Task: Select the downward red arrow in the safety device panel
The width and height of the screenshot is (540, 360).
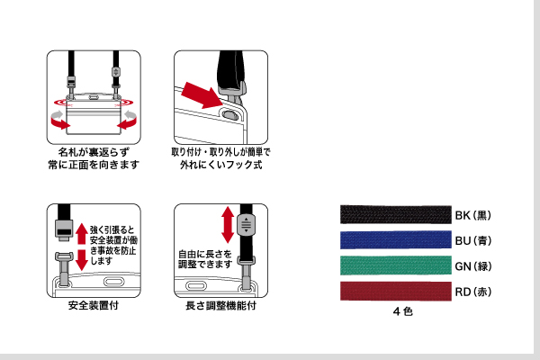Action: tap(80, 261)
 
